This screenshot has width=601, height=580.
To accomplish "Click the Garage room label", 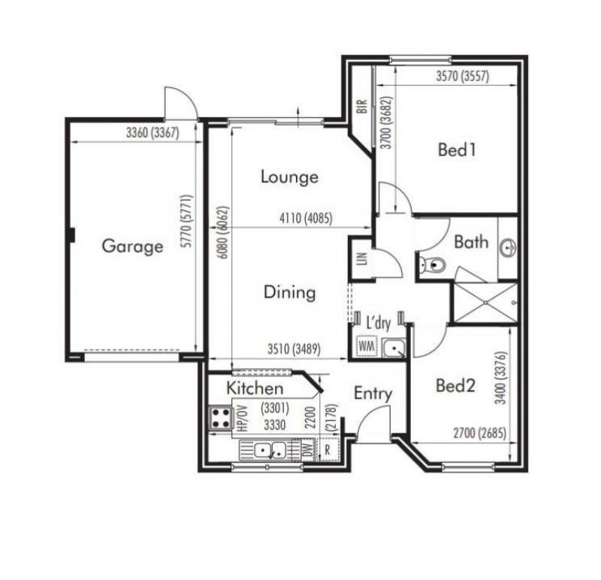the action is pos(133,246).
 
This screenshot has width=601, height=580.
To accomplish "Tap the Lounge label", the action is pos(289,177).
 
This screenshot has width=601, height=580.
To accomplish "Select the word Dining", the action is pos(290,292).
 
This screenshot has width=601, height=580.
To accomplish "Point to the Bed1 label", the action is pos(457,150).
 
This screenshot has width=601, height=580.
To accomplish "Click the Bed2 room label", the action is pos(456,385).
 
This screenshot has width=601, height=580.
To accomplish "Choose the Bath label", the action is pos(471,242).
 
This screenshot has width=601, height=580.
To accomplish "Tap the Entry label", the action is pos(373,394).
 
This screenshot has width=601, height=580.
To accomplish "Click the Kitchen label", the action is pos(255,388).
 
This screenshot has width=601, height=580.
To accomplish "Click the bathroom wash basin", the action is pos(509,247).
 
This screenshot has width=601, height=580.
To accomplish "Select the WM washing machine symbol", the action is pos(367,346).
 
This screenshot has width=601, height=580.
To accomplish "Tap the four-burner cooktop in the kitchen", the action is pos(221,418).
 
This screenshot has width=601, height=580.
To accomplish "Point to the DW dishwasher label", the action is pos(308,450).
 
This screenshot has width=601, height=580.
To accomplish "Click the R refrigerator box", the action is pos(328,449).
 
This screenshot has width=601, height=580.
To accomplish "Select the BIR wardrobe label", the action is pos(362,106).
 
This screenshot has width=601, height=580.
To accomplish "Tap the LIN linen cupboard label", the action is pos(362,258).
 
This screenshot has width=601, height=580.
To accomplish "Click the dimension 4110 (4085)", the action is pos(306,219).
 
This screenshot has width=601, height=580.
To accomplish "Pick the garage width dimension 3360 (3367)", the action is pos(153,133).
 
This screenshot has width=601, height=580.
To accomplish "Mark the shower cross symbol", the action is pos(485,303).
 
